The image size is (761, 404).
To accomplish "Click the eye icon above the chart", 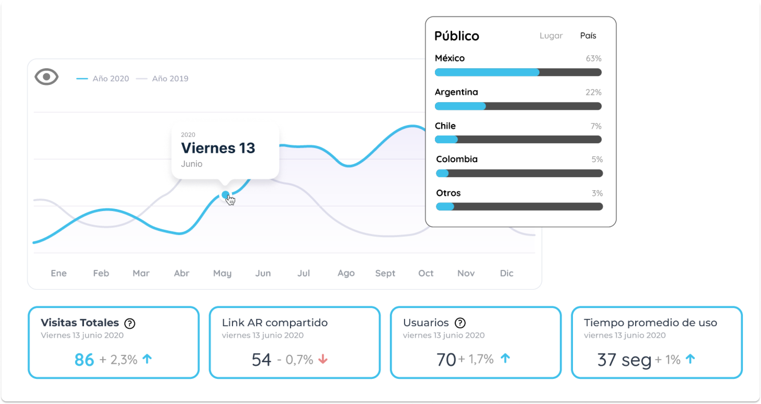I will [47, 77].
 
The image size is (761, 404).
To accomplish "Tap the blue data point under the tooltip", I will [225, 195].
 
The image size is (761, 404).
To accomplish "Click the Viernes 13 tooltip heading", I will [218, 148].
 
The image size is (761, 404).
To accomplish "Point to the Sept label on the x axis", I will [385, 274].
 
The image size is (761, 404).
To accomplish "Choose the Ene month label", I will [58, 274].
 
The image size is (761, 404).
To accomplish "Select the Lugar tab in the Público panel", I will [551, 36].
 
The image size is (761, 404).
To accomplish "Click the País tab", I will [588, 36].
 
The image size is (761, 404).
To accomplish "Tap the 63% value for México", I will [593, 59].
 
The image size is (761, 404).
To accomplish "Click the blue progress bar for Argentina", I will [460, 106].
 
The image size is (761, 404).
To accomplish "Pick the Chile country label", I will [445, 126].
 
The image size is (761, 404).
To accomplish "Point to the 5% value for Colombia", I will [597, 160].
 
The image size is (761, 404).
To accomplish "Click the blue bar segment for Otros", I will [445, 207].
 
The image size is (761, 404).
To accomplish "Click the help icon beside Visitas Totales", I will [130, 323].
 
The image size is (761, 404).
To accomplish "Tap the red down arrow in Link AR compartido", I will [323, 359].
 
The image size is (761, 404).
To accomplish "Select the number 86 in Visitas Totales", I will [84, 360].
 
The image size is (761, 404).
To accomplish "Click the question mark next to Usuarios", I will [460, 323].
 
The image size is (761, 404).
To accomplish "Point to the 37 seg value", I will [624, 360].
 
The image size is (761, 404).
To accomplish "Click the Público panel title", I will [457, 36].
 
